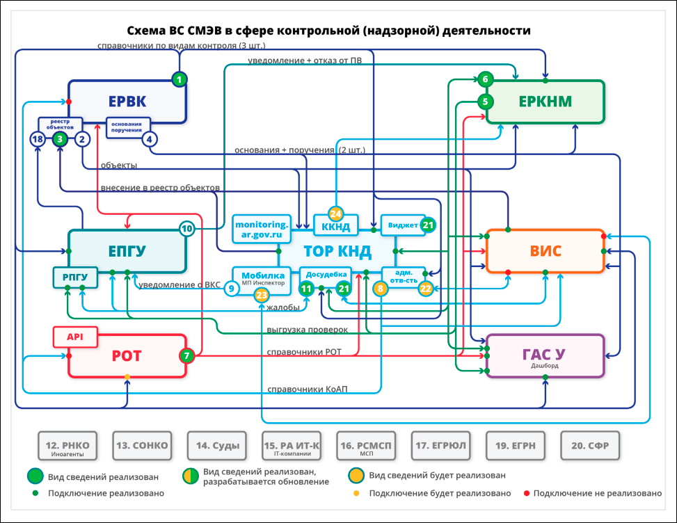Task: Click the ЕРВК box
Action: [x=127, y=102]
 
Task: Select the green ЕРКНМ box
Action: [x=545, y=102]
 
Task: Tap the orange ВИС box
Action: [x=545, y=250]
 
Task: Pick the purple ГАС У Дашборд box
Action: [x=545, y=357]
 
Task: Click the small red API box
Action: [x=75, y=337]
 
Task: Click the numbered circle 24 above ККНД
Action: [x=336, y=213]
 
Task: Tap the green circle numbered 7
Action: [x=186, y=355]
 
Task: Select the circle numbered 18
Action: [x=38, y=139]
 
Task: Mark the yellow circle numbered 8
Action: [x=381, y=288]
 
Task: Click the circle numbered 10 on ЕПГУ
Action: [x=186, y=227]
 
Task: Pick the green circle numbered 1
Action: [x=180, y=80]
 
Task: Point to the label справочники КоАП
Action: [x=301, y=388]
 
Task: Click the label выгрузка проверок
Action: [x=307, y=330]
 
